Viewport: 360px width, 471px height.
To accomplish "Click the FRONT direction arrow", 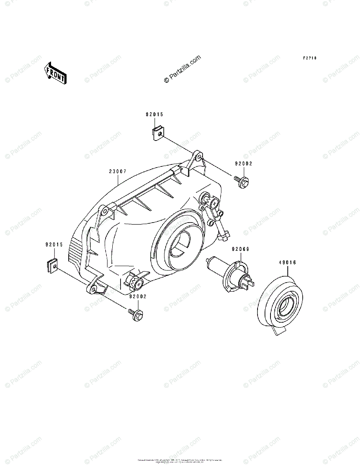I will pos(55,73).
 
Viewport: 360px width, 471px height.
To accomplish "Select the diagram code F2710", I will pos(309,58).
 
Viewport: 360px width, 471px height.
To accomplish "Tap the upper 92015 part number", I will pos(154,115).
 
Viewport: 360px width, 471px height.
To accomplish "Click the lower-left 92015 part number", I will pos(54,244).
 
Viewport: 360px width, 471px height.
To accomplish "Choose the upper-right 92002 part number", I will pos(244,164).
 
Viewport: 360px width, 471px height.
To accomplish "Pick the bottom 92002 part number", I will pos(137,297).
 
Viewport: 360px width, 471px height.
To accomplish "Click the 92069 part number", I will pos(241,249).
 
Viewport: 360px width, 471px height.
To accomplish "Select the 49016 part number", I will pos(287,262).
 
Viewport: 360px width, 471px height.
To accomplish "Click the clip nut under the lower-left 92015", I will pos(53,267).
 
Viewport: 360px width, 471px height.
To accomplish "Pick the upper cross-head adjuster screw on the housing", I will pos(214,203).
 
